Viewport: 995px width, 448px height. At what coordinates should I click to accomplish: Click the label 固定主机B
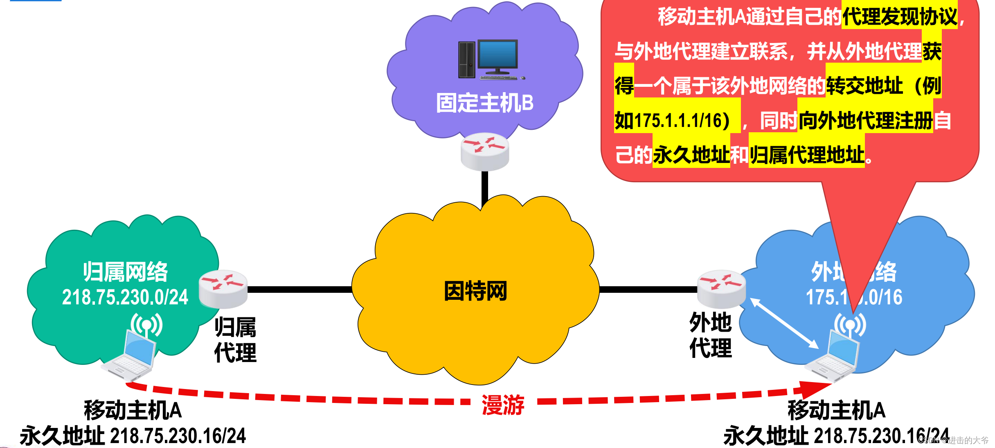tap(485, 103)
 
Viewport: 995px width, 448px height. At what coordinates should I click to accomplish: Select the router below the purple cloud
tap(485, 152)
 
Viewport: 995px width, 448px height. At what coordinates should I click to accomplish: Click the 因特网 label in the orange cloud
tap(475, 291)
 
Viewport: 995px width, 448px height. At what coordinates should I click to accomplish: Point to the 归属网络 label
tap(125, 272)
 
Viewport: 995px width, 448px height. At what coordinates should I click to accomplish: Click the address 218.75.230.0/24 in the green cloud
tap(125, 297)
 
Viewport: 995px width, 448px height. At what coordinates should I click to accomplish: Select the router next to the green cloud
tap(223, 289)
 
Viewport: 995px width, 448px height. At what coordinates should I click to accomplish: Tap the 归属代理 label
tap(235, 339)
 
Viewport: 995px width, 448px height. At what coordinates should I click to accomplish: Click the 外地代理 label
tap(710, 335)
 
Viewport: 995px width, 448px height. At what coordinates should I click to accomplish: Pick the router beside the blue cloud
tap(721, 289)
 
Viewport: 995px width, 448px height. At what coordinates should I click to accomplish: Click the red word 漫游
tap(503, 405)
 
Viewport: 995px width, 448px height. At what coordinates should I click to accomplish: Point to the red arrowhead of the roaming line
tap(814, 389)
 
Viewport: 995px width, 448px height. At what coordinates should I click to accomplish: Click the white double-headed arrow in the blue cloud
tap(784, 324)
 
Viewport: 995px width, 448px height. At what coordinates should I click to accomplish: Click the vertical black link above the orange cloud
tap(485, 188)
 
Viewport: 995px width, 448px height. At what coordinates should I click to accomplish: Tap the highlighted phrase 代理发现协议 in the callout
tap(900, 17)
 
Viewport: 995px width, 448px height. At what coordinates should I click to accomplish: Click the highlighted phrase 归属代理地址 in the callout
tap(806, 155)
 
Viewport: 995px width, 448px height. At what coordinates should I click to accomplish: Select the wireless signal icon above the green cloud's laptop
tap(146, 325)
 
